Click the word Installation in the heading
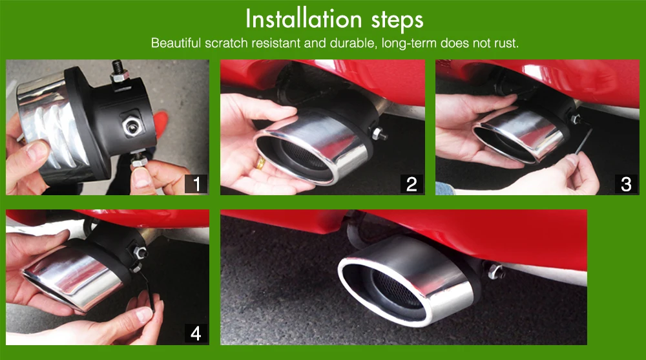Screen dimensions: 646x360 (x=304, y=19)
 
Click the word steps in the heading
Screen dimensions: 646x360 (x=397, y=21)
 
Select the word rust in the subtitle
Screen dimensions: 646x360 (x=506, y=43)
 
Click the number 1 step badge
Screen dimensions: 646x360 (x=196, y=184)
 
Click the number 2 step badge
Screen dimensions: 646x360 (x=412, y=184)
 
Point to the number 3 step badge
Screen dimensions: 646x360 (x=626, y=184)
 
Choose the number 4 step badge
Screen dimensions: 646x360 (x=196, y=334)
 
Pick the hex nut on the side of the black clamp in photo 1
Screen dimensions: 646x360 (x=132, y=126)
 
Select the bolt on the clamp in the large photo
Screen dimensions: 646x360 (x=495, y=271)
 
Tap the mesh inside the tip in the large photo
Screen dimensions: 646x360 (x=397, y=289)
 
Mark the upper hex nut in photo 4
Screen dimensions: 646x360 (x=140, y=253)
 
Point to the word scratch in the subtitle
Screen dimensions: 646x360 (x=226, y=43)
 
